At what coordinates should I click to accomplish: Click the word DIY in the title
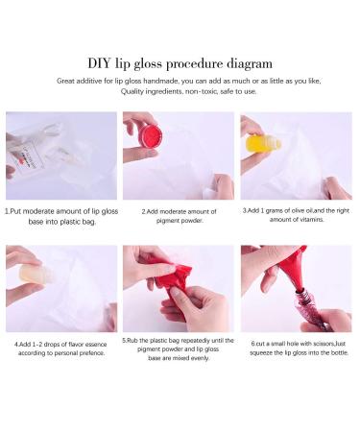click(x=100, y=63)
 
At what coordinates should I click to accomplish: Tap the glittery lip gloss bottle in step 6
click(x=312, y=310)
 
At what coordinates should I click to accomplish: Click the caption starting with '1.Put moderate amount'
click(x=61, y=216)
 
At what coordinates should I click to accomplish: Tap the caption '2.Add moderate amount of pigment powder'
click(x=180, y=216)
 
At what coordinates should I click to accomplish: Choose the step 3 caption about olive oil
click(x=296, y=215)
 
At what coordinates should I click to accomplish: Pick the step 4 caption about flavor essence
click(x=60, y=348)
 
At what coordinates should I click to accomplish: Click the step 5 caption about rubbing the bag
click(x=179, y=349)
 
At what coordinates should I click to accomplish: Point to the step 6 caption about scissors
click(x=299, y=348)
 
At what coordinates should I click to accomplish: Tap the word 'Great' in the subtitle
click(x=66, y=81)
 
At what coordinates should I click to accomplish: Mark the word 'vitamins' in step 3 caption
click(x=312, y=220)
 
